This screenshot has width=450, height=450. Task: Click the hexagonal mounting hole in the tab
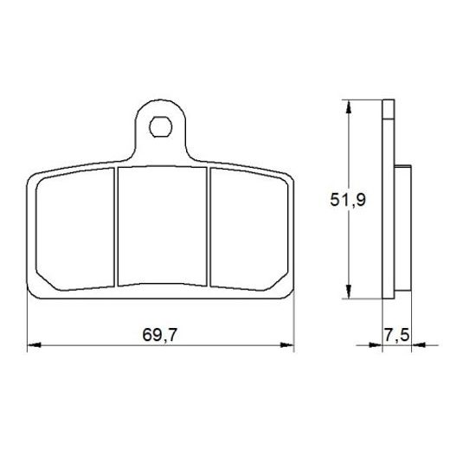[x=162, y=128]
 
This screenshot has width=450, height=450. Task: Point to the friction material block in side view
[x=402, y=227]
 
